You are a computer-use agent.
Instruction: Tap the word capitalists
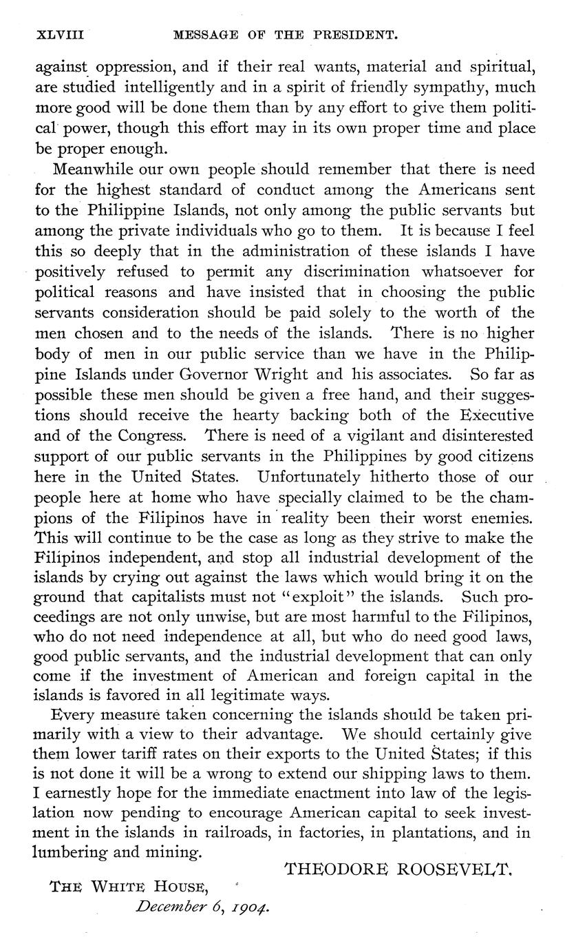tap(193, 599)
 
